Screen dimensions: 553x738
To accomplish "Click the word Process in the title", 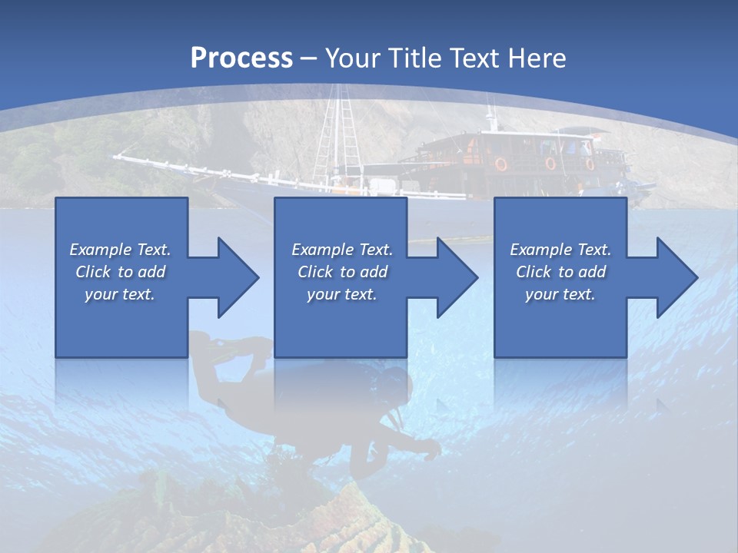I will tap(241, 58).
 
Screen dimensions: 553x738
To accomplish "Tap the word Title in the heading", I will tap(415, 58).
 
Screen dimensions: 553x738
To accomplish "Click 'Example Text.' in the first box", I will tap(120, 250).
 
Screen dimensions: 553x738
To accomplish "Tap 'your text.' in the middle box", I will tap(341, 294).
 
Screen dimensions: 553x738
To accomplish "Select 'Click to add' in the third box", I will tap(560, 272).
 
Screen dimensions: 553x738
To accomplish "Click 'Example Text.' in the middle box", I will tap(342, 250).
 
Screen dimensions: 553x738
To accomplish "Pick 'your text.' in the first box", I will tap(120, 294).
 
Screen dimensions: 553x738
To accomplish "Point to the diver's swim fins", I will tap(231, 346).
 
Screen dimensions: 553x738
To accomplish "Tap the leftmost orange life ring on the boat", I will tap(501, 164).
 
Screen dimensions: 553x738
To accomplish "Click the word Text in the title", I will tap(477, 58).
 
